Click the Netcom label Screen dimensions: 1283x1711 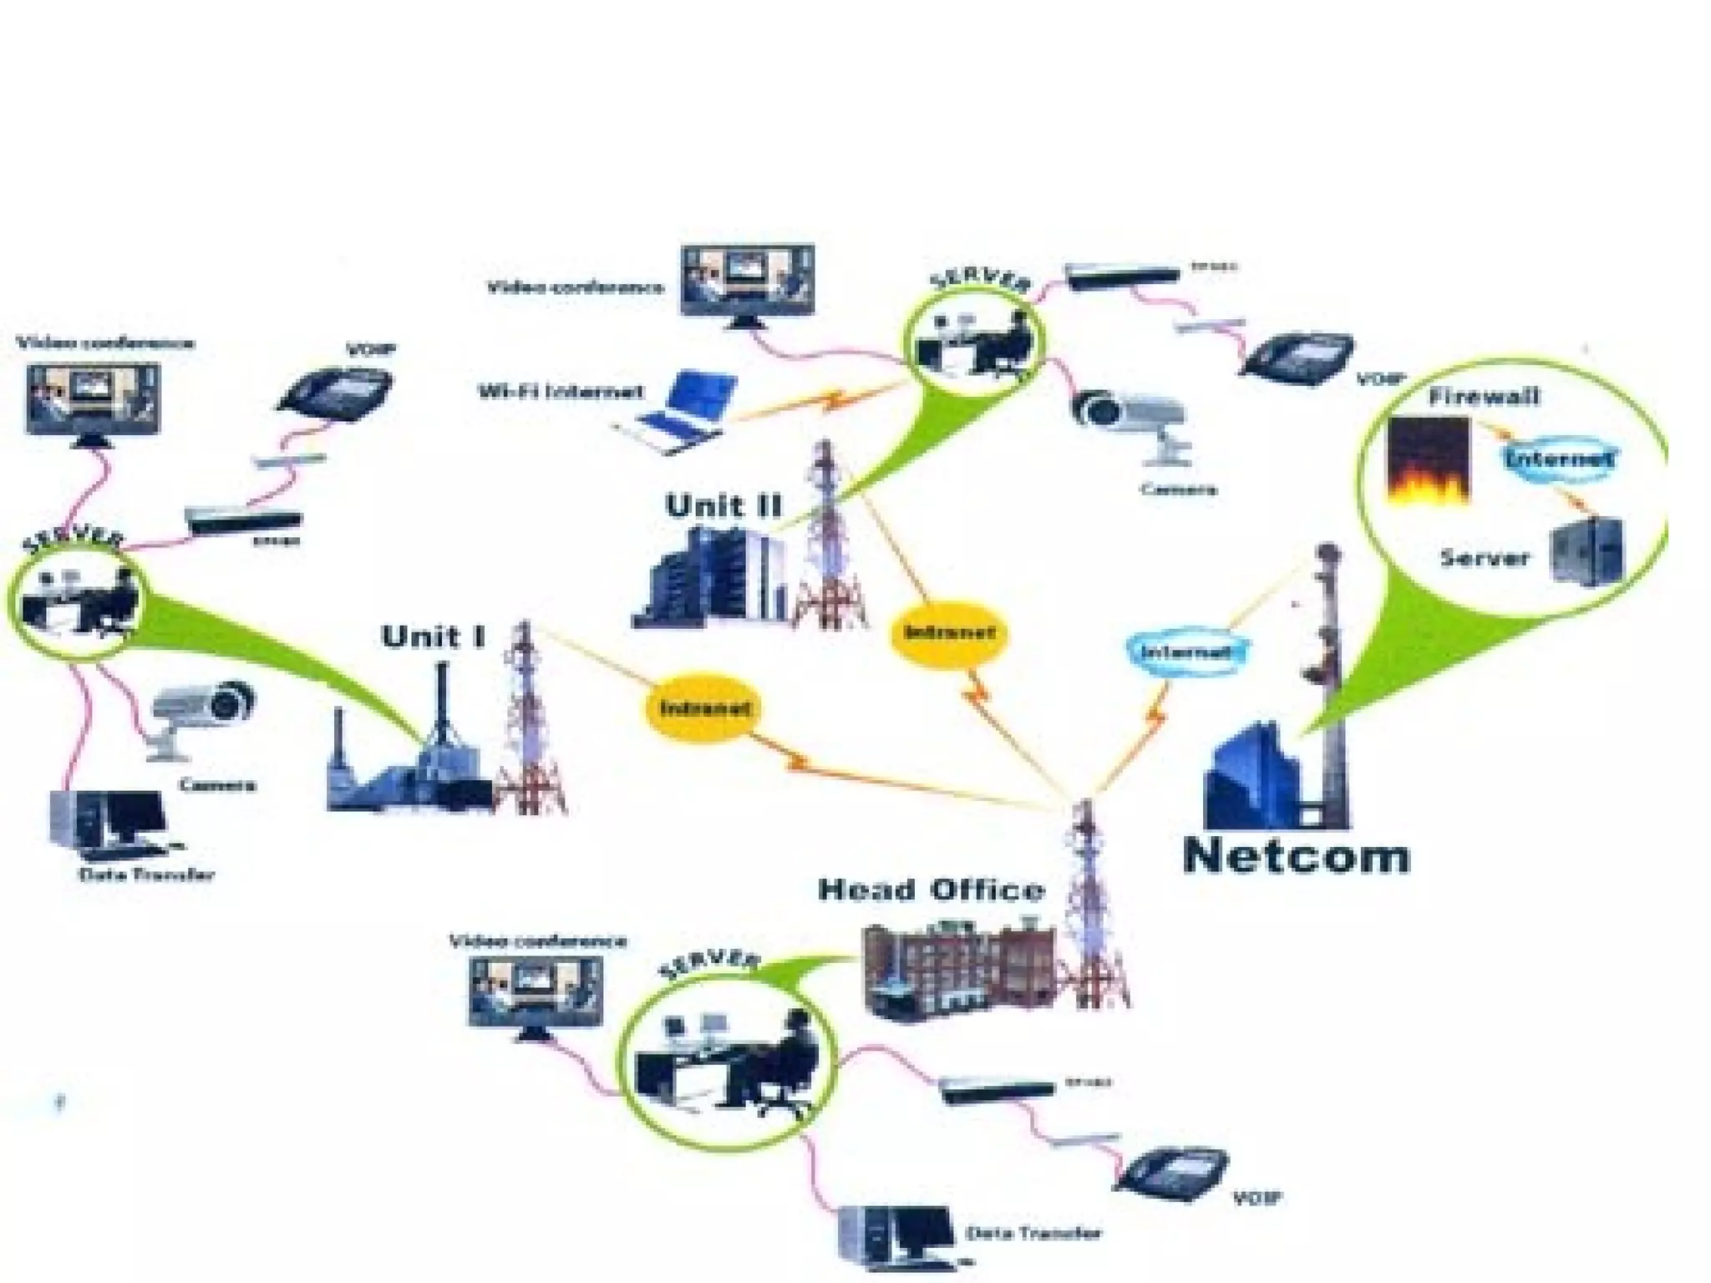[1297, 856]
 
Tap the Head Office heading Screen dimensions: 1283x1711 [931, 890]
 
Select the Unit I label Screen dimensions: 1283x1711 [433, 636]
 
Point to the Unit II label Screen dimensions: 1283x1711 [723, 505]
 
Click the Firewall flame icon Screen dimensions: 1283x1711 [1428, 462]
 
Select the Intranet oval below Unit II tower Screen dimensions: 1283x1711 [951, 632]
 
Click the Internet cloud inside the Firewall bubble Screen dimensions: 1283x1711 [1558, 459]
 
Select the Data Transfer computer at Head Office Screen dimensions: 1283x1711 [896, 1237]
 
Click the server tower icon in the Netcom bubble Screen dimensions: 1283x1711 [1587, 551]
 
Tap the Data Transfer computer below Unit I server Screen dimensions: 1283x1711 [109, 823]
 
